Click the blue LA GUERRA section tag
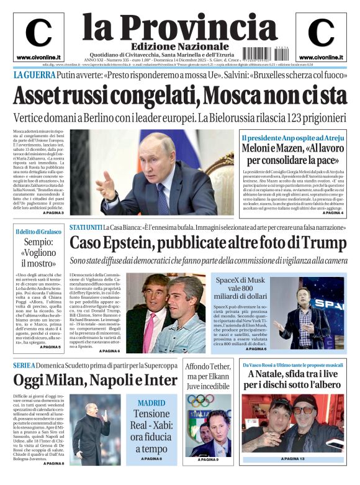pos(34,75)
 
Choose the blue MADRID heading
pos(151,402)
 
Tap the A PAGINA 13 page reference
pos(294,459)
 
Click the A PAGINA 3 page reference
pos(53,213)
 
